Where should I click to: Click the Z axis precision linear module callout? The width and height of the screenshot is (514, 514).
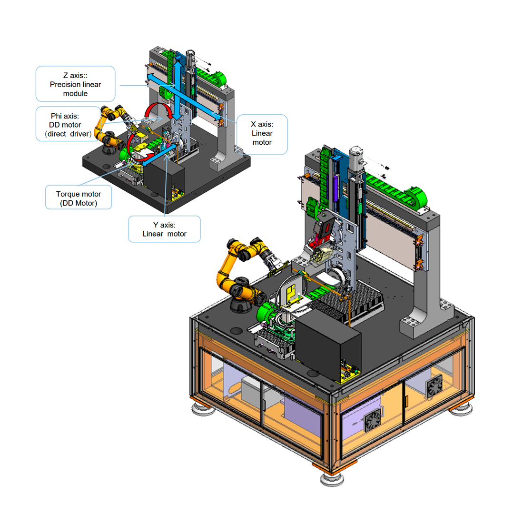[75, 84]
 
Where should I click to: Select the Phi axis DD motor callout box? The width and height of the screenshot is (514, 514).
[68, 124]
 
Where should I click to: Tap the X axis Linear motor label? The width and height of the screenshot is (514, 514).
[262, 134]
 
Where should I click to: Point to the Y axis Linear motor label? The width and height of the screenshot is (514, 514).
[164, 229]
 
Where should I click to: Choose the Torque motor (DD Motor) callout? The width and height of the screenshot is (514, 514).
[79, 198]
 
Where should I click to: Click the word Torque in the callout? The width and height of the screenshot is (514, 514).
[67, 194]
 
